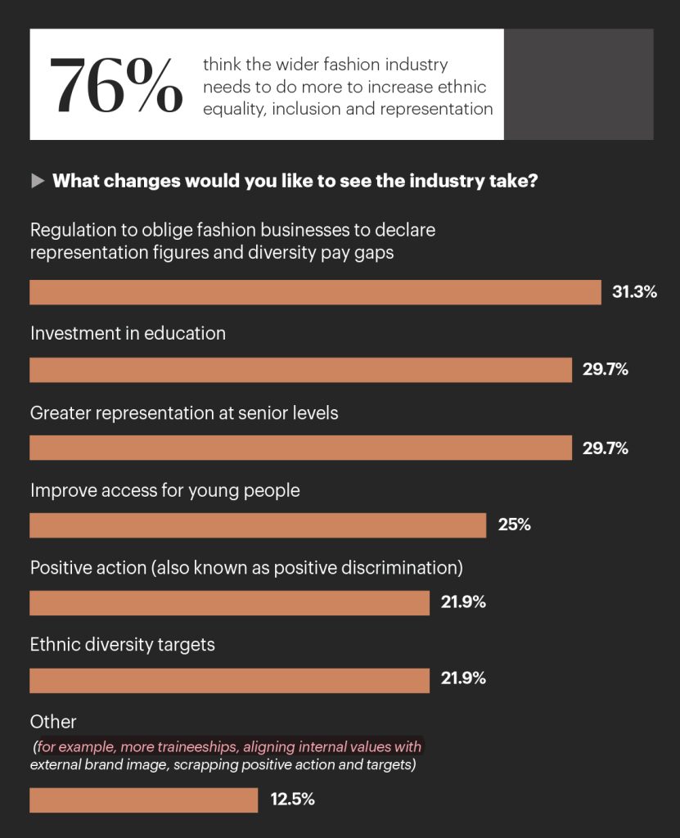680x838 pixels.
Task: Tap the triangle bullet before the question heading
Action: pos(38,181)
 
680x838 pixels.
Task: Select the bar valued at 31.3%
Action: pos(315,292)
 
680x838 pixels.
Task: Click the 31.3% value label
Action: pos(634,292)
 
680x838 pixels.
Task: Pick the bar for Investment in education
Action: pos(300,370)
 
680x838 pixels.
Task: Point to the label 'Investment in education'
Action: pos(128,333)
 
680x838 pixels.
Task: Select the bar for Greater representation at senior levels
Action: pos(300,448)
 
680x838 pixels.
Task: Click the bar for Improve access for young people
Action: pos(258,525)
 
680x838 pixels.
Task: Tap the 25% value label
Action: pos(514,525)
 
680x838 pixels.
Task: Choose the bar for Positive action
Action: pos(229,603)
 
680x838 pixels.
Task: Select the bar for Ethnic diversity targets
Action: pos(229,681)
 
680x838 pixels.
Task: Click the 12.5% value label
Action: pos(292,800)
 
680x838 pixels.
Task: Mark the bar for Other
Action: pos(143,800)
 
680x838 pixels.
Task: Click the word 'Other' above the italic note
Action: pos(53,722)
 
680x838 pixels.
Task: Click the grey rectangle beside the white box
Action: pos(578,84)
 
